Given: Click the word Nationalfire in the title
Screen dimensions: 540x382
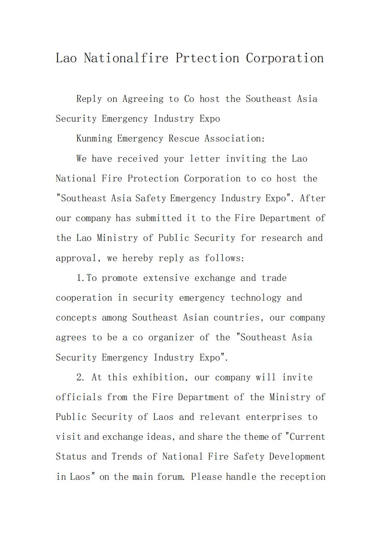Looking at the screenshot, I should click(x=126, y=58).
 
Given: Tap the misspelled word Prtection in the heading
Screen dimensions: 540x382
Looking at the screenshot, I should click(x=207, y=58).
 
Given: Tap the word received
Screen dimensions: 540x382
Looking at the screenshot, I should click(x=137, y=158).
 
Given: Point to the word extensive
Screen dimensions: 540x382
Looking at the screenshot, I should click(x=166, y=278).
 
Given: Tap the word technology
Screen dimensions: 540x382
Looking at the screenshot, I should click(x=256, y=298).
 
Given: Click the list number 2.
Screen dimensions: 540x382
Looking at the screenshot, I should click(x=80, y=378).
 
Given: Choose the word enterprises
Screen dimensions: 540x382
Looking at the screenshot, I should click(x=274, y=417).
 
